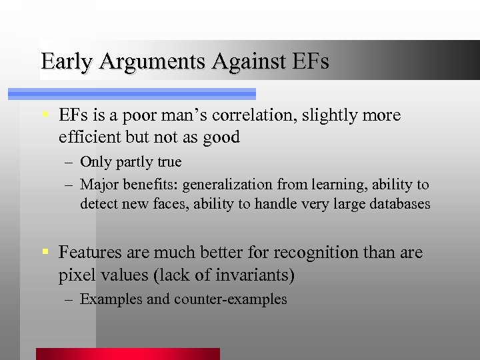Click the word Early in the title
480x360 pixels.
[65, 63]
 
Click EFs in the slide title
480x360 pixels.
[311, 63]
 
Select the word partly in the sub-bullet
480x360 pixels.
[137, 162]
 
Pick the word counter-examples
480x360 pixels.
[231, 299]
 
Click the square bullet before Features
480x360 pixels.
[45, 253]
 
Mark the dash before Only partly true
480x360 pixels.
[69, 162]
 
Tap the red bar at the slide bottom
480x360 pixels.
[127, 354]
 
